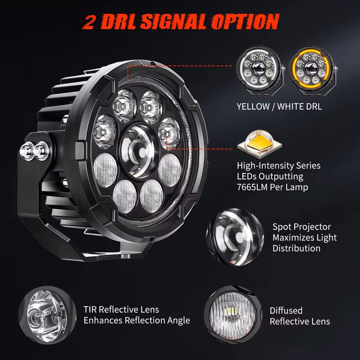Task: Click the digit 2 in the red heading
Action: (x=89, y=22)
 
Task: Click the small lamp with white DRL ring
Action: (x=260, y=71)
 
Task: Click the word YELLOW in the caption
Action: (x=253, y=107)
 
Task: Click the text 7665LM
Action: (x=252, y=187)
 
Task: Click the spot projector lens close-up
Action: (x=235, y=237)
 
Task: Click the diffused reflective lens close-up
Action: (x=233, y=315)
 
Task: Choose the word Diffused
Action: (x=286, y=310)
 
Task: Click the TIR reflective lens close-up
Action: (x=47, y=315)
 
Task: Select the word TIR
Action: (x=90, y=310)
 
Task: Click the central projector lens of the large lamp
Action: (x=139, y=152)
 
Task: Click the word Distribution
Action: (x=296, y=248)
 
